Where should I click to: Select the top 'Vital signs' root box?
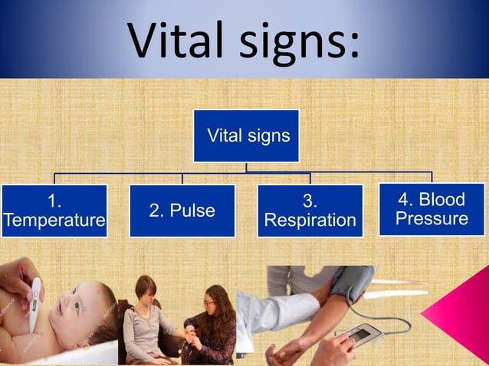click(245, 136)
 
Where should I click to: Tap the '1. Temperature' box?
click(54, 211)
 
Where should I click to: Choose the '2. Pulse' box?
click(182, 211)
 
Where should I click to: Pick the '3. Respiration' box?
click(310, 211)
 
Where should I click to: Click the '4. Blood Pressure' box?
click(432, 209)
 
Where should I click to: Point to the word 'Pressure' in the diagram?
click(432, 219)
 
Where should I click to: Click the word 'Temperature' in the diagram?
click(54, 221)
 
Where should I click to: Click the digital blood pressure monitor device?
click(360, 335)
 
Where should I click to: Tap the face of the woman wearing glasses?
click(218, 300)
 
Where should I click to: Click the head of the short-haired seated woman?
click(146, 289)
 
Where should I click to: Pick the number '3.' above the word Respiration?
click(310, 201)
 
